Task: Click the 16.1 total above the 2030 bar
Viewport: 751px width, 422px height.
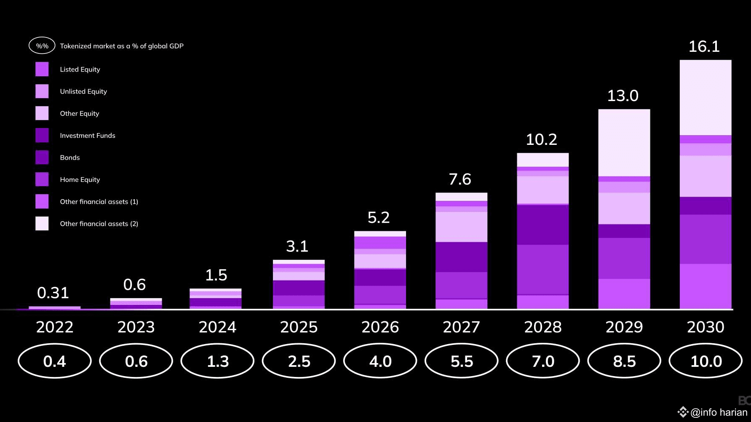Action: click(704, 47)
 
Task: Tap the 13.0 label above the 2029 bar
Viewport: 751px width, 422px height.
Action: click(623, 96)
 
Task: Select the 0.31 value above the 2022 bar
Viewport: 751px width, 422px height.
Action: click(53, 293)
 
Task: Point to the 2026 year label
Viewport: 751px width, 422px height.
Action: click(380, 327)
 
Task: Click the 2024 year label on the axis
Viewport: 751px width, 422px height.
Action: click(217, 327)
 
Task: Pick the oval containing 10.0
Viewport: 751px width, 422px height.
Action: click(706, 361)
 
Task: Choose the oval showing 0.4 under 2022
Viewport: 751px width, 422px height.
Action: click(55, 361)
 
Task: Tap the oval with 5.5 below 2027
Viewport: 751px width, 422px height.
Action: click(462, 361)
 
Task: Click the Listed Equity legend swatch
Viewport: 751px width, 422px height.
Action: click(42, 69)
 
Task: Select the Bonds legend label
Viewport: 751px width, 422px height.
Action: click(70, 158)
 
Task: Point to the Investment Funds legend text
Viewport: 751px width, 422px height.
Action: click(88, 136)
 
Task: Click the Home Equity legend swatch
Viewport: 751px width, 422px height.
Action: click(42, 179)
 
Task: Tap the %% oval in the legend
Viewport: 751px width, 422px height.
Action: click(42, 46)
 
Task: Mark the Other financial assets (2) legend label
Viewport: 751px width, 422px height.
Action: click(99, 224)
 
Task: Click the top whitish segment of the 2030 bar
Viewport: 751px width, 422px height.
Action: click(706, 97)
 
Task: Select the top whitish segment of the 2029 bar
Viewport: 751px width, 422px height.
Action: click(624, 143)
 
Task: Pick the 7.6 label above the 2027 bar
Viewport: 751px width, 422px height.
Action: click(460, 179)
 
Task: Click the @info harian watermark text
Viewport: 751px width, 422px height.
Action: click(719, 412)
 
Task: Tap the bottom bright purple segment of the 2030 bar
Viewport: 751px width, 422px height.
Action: click(706, 286)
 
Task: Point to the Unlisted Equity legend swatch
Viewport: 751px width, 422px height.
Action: click(42, 91)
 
